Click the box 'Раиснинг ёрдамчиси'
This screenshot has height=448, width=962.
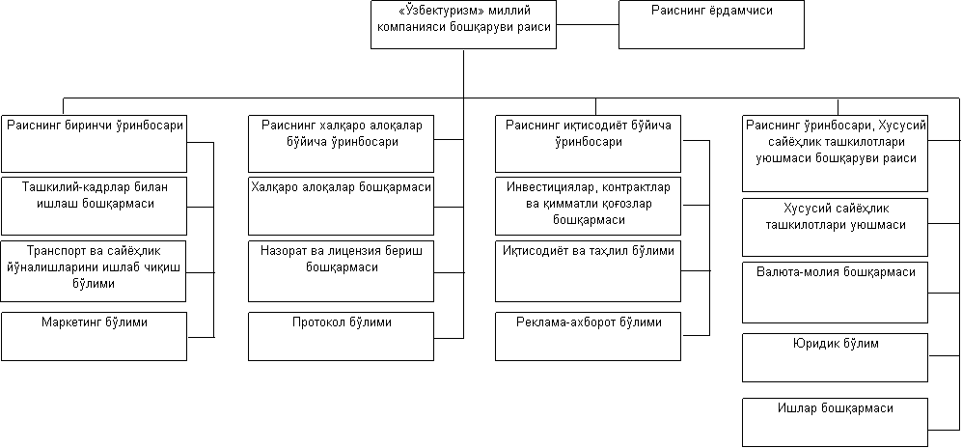[x=711, y=24]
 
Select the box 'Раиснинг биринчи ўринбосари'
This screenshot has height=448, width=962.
[x=94, y=144]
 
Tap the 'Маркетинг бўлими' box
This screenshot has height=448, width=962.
[x=94, y=336]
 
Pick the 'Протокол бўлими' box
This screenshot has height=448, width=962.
[x=341, y=336]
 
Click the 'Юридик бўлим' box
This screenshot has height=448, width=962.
[x=835, y=358]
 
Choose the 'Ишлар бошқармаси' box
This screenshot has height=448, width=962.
[x=835, y=422]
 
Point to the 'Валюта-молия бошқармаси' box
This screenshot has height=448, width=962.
[x=835, y=293]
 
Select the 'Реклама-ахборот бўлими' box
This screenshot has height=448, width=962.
[x=588, y=336]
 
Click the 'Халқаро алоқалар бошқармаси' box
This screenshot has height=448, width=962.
[x=341, y=207]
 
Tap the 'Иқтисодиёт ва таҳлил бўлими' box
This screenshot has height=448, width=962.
[x=588, y=271]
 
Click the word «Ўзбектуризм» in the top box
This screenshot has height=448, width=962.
[x=425, y=11]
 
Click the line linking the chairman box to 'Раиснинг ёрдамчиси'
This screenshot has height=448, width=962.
[x=588, y=24]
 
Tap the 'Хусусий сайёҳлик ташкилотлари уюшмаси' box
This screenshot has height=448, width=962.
[x=835, y=227]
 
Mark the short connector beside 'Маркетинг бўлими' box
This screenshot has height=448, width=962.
[x=201, y=336]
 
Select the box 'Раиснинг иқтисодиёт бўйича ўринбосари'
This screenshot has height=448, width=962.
[x=588, y=144]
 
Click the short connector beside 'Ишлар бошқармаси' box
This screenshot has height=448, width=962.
[x=945, y=422]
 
